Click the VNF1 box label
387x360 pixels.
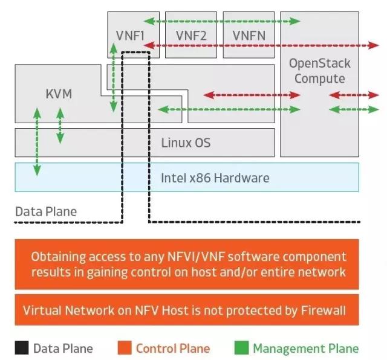point(130,36)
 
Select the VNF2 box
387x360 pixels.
point(191,35)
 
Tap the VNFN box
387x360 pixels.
point(249,35)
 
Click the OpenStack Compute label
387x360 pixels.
point(320,71)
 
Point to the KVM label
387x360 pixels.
point(59,94)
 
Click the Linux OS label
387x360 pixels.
point(186,143)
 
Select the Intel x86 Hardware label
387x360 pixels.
point(215,178)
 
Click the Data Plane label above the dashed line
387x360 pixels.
point(46,211)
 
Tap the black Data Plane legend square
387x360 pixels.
point(22,348)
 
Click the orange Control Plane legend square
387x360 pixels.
point(125,348)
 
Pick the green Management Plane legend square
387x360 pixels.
point(241,348)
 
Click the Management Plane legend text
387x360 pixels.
point(306,349)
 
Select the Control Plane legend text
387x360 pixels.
point(173,349)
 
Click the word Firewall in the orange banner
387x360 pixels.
point(324,310)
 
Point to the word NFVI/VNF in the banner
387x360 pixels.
point(196,257)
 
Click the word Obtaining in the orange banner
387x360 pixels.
point(59,257)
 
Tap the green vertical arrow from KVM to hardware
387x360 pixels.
point(37,142)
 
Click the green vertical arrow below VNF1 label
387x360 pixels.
point(113,77)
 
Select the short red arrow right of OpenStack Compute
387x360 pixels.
point(354,95)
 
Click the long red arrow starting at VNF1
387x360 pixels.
point(261,45)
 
